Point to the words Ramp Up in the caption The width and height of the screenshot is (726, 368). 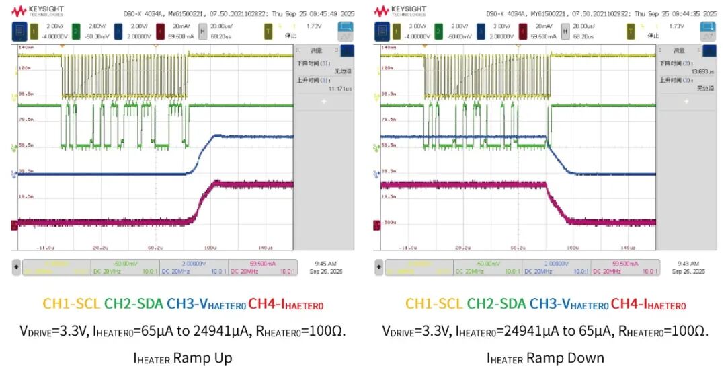click(202, 357)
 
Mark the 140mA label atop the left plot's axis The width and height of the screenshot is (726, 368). click(25, 48)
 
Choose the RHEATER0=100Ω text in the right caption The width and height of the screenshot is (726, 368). click(662, 331)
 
